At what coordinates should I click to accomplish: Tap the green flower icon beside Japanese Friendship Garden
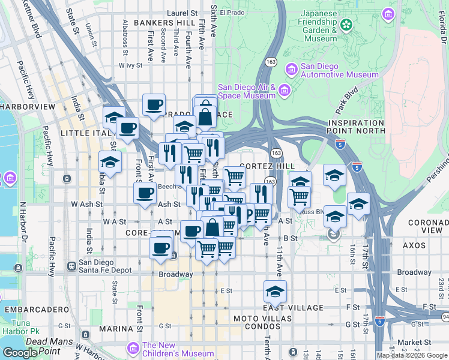346,25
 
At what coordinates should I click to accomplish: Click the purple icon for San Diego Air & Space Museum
284,91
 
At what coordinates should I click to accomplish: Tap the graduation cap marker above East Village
275,292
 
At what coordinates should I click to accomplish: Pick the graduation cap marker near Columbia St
110,161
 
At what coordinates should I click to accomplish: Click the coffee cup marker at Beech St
145,193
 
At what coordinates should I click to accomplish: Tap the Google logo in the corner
20,353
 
